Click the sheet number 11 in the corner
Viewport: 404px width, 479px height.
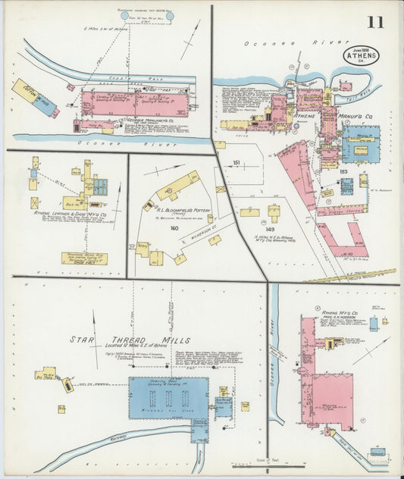[x=376, y=21]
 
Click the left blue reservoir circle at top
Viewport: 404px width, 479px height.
[x=125, y=15]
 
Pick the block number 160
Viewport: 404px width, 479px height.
[x=174, y=227]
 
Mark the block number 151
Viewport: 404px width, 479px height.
[x=236, y=164]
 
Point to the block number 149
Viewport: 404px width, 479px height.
[x=271, y=228]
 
